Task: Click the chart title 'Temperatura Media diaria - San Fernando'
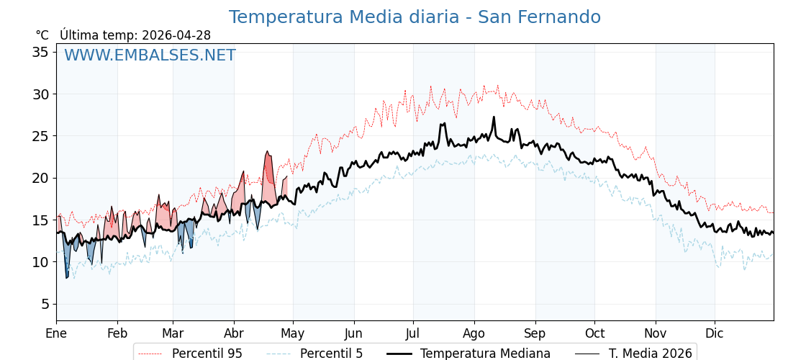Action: coord(415,17)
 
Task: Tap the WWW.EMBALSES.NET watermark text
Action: coord(150,55)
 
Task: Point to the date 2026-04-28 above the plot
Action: coord(176,35)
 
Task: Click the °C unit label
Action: coord(42,35)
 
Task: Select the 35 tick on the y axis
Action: coord(40,52)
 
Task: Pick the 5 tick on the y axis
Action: coord(45,304)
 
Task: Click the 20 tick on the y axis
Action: coord(40,178)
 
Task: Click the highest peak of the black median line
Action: coord(494,117)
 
